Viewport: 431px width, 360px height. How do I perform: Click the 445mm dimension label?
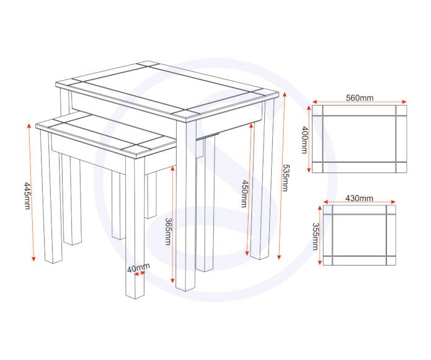point(27,195)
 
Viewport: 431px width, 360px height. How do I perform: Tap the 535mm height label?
point(285,178)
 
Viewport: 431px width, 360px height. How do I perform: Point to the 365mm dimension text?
point(167,231)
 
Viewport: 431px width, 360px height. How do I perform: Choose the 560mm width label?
point(359,97)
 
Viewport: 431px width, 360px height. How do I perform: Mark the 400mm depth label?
point(304,139)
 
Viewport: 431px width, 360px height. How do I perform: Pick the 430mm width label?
point(359,198)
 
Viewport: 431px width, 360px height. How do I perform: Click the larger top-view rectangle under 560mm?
point(359,139)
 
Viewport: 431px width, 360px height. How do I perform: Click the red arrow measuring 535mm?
point(280,177)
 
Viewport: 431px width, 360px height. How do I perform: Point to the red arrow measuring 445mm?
point(32,192)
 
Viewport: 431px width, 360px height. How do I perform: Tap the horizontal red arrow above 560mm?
point(359,103)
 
